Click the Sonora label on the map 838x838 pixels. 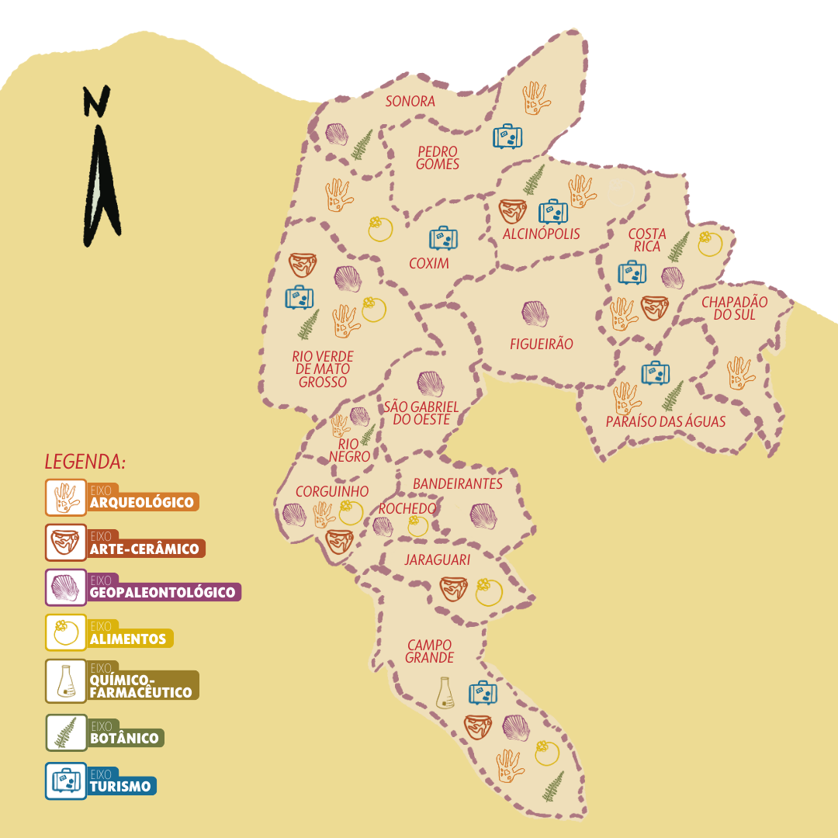click(x=410, y=102)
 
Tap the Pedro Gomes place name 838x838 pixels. click(x=438, y=158)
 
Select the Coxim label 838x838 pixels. click(x=429, y=264)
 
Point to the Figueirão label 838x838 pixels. click(x=542, y=344)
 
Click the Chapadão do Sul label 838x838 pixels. click(x=734, y=308)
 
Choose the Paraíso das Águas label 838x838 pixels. click(x=666, y=422)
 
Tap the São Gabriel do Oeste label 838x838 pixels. click(x=421, y=413)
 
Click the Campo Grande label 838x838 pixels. click(x=429, y=651)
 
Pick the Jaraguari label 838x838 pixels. click(x=438, y=559)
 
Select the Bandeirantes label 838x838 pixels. click(x=458, y=484)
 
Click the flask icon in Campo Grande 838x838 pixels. click(x=445, y=692)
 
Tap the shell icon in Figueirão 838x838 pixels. click(x=535, y=314)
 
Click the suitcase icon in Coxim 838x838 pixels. click(x=444, y=238)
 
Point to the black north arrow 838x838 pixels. click(x=101, y=167)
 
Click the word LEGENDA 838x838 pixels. click(x=85, y=462)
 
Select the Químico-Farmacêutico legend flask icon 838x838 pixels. click(x=66, y=682)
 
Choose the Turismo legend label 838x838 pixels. click(x=120, y=785)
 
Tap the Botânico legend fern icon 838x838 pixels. click(x=66, y=732)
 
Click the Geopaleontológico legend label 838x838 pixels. click(x=162, y=592)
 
